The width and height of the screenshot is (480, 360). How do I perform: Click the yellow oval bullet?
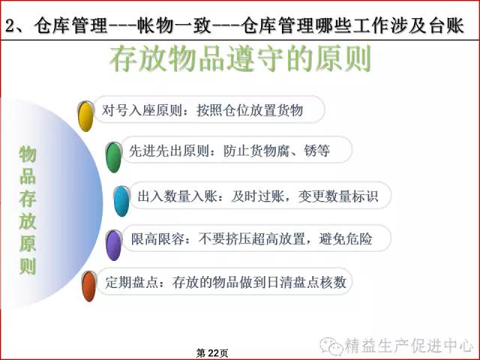[85, 116]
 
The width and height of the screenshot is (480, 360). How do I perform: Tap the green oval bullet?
[114, 157]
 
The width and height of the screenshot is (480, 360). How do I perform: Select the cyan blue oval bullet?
[121, 201]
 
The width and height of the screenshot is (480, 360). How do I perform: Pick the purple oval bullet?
[113, 245]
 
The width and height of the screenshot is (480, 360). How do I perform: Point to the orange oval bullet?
[89, 286]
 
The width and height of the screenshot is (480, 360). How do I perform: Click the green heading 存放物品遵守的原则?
[240, 58]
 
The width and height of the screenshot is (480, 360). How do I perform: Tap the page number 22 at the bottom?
[212, 353]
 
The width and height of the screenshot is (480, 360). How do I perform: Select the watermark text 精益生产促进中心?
[409, 346]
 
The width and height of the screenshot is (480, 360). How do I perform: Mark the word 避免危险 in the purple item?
[346, 238]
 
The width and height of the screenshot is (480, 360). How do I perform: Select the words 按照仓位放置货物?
[250, 110]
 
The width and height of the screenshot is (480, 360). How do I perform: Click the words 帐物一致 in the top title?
[173, 25]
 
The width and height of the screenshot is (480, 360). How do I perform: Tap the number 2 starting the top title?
[10, 25]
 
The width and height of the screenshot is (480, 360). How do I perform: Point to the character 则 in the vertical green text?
[28, 266]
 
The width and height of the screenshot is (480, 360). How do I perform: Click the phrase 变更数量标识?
[338, 196]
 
